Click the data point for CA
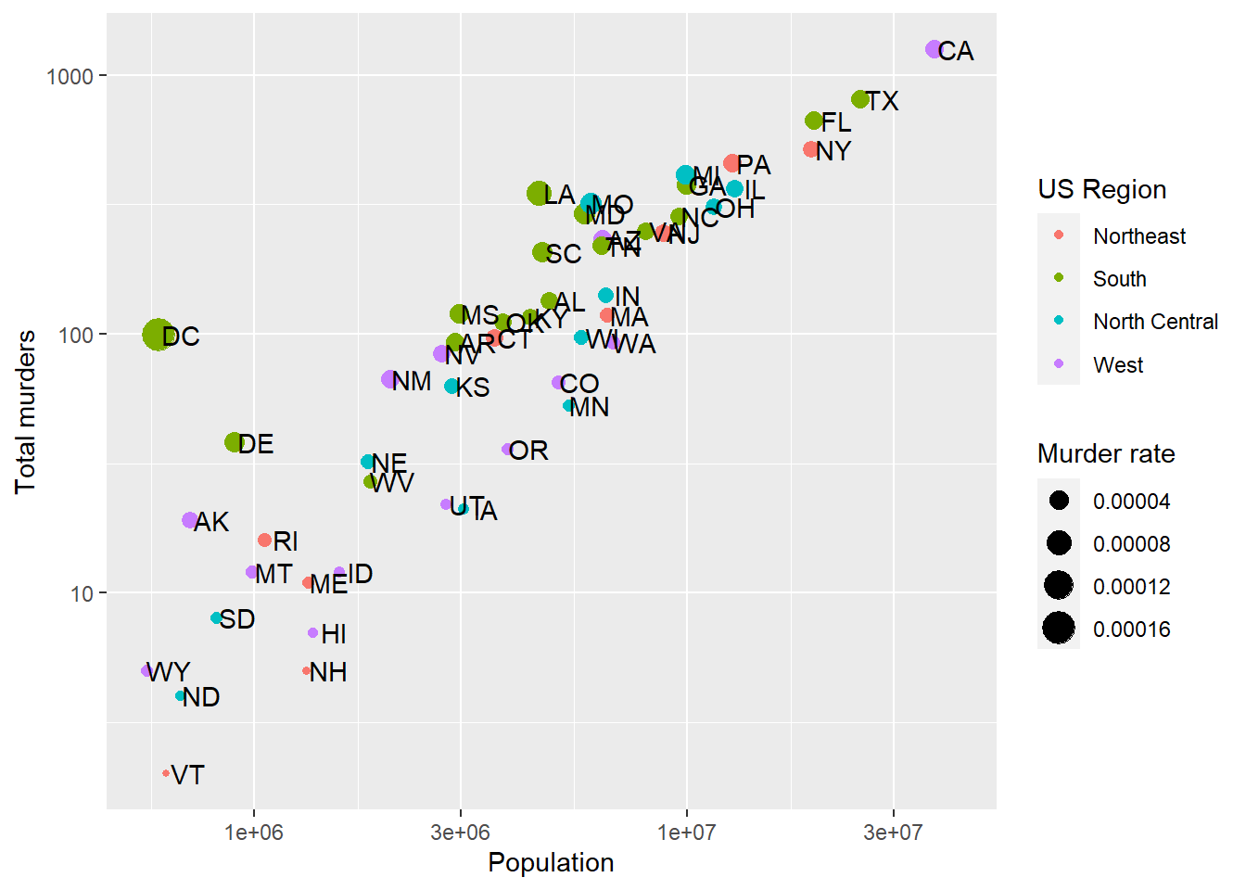(x=934, y=49)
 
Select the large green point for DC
(x=158, y=335)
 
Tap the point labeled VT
(x=166, y=773)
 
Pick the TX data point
(x=860, y=99)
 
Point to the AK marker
(x=190, y=521)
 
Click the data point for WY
(x=146, y=671)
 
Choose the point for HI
(x=313, y=633)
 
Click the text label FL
(x=836, y=122)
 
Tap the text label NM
(x=412, y=381)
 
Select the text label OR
(x=528, y=451)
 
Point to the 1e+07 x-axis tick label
(x=686, y=833)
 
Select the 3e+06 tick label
(x=460, y=833)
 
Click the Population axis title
(x=551, y=862)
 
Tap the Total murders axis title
(x=25, y=412)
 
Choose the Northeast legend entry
(x=1138, y=236)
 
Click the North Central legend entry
(x=1155, y=322)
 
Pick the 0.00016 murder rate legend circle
(x=1059, y=629)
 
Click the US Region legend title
(x=1101, y=189)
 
